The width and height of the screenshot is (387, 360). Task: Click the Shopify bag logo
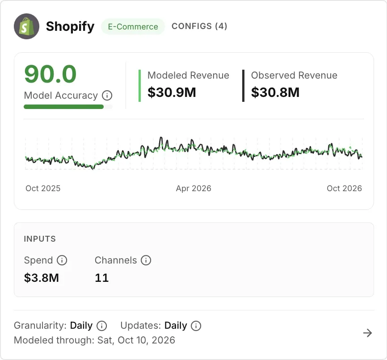coord(26,26)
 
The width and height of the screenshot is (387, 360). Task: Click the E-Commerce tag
coord(133,26)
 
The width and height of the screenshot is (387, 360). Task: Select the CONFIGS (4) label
coord(199,26)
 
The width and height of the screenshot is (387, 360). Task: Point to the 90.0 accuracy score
coord(50,74)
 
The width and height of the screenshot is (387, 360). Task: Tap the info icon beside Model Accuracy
coord(107,96)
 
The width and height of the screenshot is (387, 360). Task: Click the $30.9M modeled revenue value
coord(172,92)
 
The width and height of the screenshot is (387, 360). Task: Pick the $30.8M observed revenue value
coord(275,92)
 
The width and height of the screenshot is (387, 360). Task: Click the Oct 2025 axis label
coord(43,188)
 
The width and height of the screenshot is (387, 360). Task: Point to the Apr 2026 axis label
coord(193,188)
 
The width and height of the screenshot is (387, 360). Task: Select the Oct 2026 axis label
coord(344,188)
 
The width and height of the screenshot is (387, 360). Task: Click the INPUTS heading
coord(40,239)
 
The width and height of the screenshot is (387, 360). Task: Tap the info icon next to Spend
coord(62,260)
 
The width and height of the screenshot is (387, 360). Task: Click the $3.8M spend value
coord(42,278)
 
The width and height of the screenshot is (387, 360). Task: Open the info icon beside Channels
coord(146,260)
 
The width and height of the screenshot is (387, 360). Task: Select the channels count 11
coord(102,278)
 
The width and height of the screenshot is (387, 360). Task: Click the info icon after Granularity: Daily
coord(102,326)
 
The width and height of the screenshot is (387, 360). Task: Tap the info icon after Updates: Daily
coord(196,326)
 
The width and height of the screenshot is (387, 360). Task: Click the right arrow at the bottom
coord(367,333)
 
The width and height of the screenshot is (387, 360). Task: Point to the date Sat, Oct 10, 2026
coord(136,340)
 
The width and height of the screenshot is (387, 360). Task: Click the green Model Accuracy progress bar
coord(63,107)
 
